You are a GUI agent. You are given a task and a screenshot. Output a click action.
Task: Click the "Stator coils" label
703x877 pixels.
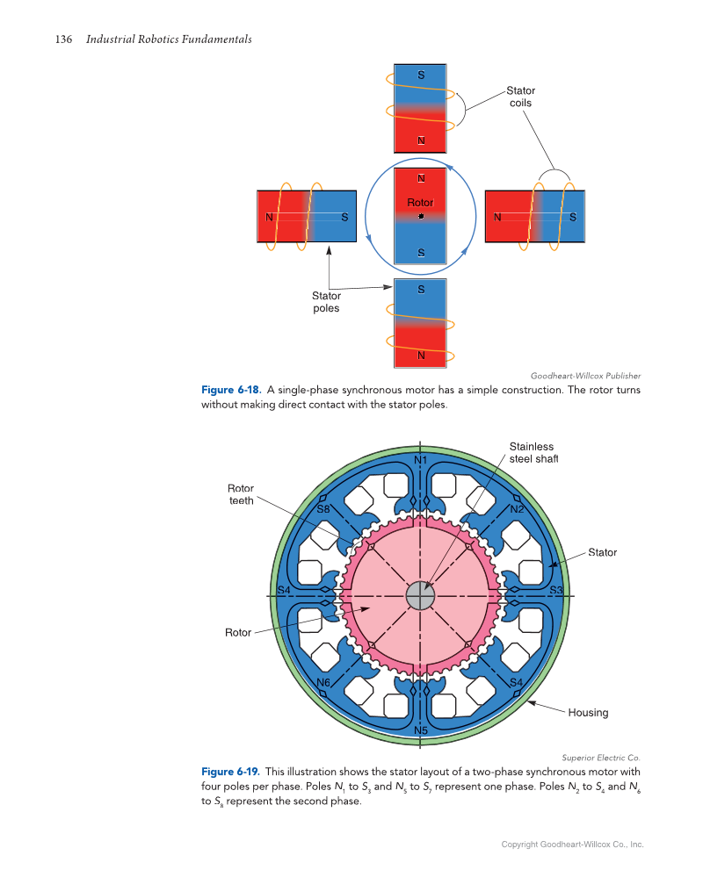pos(520,97)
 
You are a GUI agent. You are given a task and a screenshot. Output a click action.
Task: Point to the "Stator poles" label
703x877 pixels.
pos(326,302)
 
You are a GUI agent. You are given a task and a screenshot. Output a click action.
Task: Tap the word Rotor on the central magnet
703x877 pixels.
pos(421,203)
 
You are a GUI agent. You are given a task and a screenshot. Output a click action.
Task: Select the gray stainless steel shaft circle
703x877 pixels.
pos(421,596)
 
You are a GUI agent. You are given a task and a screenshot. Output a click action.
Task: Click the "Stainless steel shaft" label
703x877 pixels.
pos(533,452)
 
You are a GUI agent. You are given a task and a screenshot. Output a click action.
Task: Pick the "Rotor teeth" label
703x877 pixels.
pos(240,494)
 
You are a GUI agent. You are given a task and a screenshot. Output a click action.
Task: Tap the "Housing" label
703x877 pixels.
pos(588,712)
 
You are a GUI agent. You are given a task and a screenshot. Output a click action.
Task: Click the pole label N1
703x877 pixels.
pos(420,460)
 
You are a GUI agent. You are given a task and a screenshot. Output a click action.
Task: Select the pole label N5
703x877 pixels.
pos(420,730)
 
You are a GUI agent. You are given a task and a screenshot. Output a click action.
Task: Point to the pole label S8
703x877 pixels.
pos(323,508)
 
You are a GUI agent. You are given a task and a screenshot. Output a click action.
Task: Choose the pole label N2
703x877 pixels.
pos(517,509)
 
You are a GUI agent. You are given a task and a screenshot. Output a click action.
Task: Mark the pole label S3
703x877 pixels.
pos(555,589)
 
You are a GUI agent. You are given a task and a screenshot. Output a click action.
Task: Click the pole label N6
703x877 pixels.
pos(323,682)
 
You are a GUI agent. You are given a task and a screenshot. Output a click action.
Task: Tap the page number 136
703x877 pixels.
pos(64,40)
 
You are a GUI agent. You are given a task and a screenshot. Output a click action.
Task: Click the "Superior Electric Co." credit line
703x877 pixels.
pos(601,757)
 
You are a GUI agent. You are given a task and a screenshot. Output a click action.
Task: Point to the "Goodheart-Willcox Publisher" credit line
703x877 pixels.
pos(585,376)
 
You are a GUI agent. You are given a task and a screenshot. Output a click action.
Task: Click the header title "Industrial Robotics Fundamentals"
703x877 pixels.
pos(169,40)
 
